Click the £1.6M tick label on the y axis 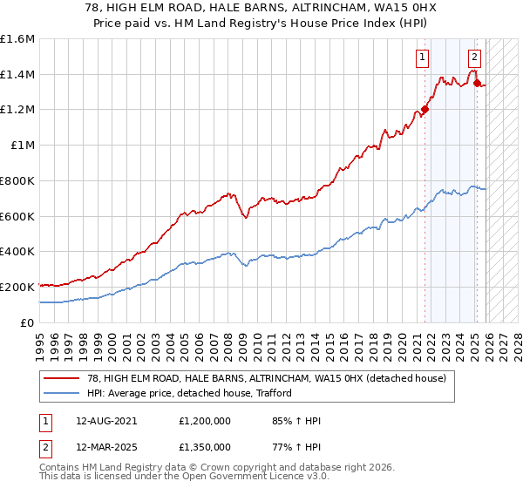[17, 39]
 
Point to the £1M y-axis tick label [22, 146]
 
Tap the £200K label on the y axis [17, 287]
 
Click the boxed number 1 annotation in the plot [422, 58]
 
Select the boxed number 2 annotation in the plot [474, 58]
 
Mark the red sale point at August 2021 [425, 110]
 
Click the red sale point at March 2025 [477, 83]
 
